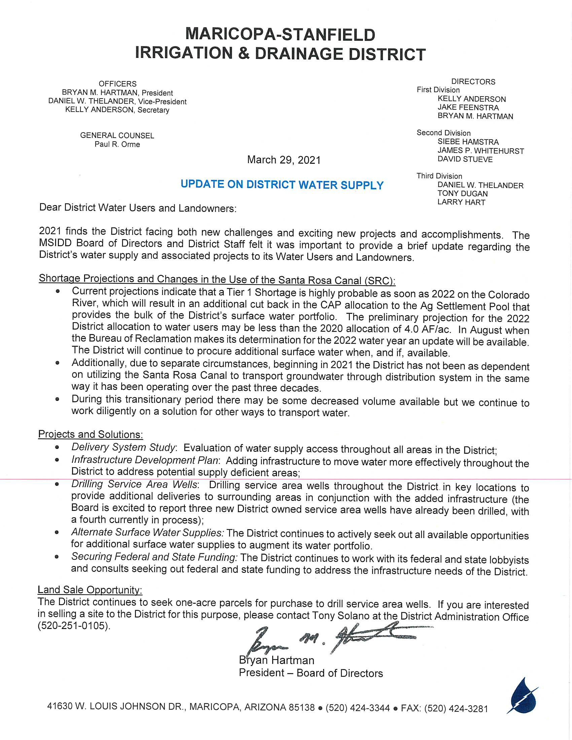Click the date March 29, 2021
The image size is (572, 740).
284,160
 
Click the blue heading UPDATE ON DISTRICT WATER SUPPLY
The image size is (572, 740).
282,185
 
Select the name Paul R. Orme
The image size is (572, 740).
117,144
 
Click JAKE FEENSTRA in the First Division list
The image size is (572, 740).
468,108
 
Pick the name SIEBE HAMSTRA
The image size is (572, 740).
468,142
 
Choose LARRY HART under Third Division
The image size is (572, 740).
461,202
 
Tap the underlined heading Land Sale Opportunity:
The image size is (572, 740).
90,590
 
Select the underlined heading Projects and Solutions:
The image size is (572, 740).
91,434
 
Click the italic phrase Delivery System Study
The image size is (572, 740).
123,447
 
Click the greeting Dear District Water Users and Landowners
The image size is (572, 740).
138,208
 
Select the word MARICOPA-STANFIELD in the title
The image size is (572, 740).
280,35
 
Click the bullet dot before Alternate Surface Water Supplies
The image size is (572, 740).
57,532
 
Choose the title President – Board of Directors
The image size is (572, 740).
311,673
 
